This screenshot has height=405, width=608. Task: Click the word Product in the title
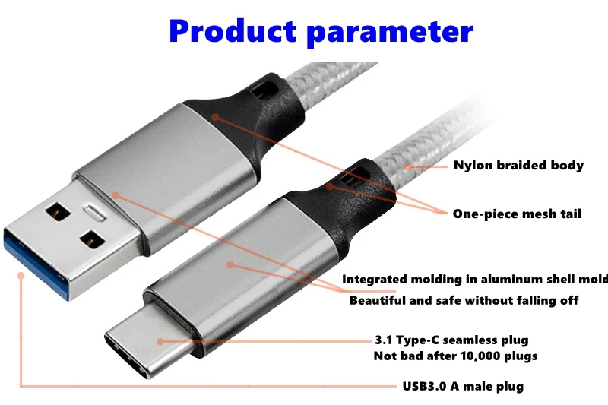(232, 31)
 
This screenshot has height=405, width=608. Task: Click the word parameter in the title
(390, 33)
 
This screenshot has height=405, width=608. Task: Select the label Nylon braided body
(518, 165)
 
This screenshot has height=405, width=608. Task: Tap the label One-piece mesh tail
(517, 214)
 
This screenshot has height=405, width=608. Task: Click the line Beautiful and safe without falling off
(464, 300)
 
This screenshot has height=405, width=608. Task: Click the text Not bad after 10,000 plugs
(455, 356)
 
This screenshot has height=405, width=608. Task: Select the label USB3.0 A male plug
(463, 386)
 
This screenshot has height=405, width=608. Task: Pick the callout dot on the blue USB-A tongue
(21, 275)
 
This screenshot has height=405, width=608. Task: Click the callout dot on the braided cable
(408, 165)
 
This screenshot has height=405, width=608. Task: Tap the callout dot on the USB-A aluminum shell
(116, 195)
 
